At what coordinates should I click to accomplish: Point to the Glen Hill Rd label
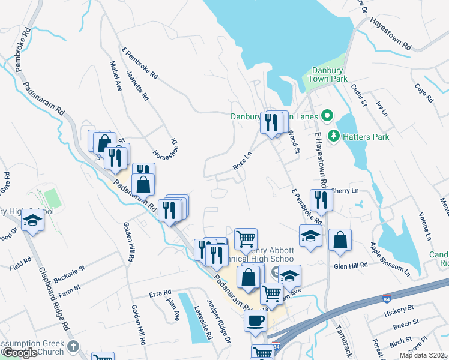[x=350, y=265]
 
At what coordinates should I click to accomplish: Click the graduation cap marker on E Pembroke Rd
[x=310, y=236]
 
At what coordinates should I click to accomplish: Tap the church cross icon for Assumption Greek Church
[x=73, y=346]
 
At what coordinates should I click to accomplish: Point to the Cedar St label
[x=358, y=95]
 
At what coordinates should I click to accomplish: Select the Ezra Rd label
[x=160, y=295]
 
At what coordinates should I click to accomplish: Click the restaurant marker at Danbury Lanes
[x=272, y=124]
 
